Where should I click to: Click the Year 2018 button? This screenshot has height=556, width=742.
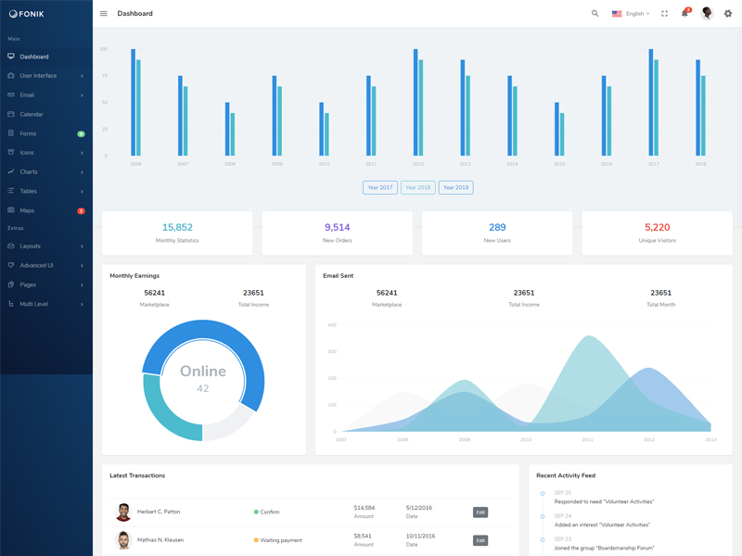pyautogui.click(x=417, y=187)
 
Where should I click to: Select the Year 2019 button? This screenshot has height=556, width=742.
pyautogui.click(x=455, y=187)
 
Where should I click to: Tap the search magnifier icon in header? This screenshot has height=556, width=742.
pyautogui.click(x=595, y=14)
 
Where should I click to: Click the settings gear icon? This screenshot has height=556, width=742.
pyautogui.click(x=728, y=14)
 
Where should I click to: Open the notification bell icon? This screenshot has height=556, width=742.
pyautogui.click(x=684, y=13)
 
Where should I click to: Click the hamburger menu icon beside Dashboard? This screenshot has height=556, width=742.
pyautogui.click(x=104, y=14)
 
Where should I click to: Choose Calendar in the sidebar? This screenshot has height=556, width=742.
pyautogui.click(x=32, y=114)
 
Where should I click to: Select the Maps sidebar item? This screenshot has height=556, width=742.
pyautogui.click(x=27, y=210)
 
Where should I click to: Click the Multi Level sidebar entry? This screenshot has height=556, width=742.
pyautogui.click(x=34, y=304)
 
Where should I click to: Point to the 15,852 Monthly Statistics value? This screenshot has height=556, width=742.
pyautogui.click(x=177, y=227)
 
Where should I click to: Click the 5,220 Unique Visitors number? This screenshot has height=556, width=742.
pyautogui.click(x=657, y=227)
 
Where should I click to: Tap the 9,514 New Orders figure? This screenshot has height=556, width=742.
pyautogui.click(x=338, y=227)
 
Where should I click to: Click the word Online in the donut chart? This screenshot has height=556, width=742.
pyautogui.click(x=203, y=371)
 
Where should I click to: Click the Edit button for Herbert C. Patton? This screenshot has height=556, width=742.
pyautogui.click(x=480, y=512)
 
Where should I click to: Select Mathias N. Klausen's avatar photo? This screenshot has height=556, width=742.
pyautogui.click(x=123, y=540)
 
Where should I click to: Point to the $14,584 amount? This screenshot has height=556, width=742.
pyautogui.click(x=365, y=508)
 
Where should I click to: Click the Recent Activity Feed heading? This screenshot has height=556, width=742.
pyautogui.click(x=566, y=475)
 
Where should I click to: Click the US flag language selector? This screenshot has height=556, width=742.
pyautogui.click(x=617, y=14)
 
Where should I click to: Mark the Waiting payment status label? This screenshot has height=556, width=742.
pyautogui.click(x=281, y=540)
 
